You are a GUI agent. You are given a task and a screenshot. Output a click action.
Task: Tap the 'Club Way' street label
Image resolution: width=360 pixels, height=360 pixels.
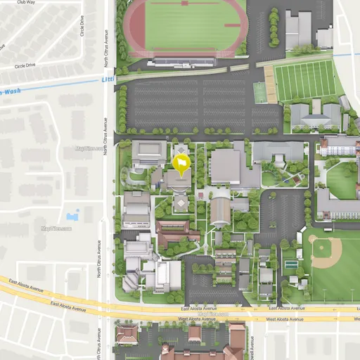coord(25,3)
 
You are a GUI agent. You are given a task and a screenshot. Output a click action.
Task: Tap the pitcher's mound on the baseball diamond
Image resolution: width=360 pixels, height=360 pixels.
coord(326,251)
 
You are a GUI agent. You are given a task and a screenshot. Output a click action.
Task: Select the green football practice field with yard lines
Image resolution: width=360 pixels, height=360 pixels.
coord(305,80)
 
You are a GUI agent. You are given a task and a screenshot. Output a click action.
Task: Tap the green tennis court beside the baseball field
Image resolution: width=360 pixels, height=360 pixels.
coord(290,264)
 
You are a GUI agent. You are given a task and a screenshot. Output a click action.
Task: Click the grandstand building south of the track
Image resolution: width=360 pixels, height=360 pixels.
coord(182,62)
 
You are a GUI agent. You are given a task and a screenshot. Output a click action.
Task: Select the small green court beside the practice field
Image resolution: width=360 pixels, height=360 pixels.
coord(260,92)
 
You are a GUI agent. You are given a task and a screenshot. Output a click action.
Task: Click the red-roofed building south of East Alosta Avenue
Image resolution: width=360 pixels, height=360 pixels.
coord(127,334)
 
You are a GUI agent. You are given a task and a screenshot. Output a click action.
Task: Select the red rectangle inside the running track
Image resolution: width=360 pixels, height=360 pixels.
coord(232,26)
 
